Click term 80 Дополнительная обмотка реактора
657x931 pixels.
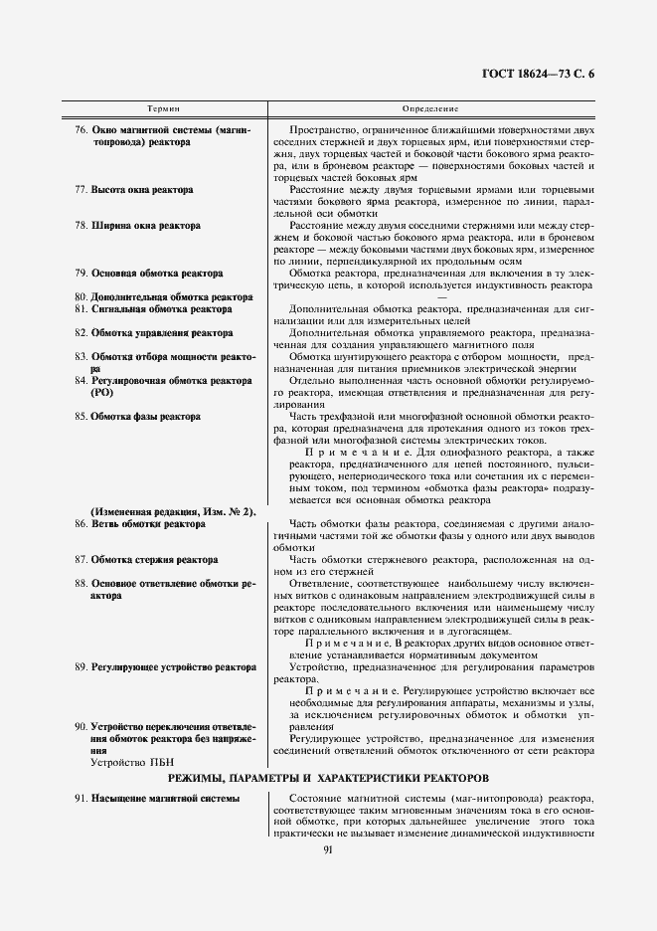pos(164,297)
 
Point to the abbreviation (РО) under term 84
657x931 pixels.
pos(102,393)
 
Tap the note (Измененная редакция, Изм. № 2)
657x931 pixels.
pos(174,512)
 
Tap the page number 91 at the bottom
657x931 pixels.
pos(328,848)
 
